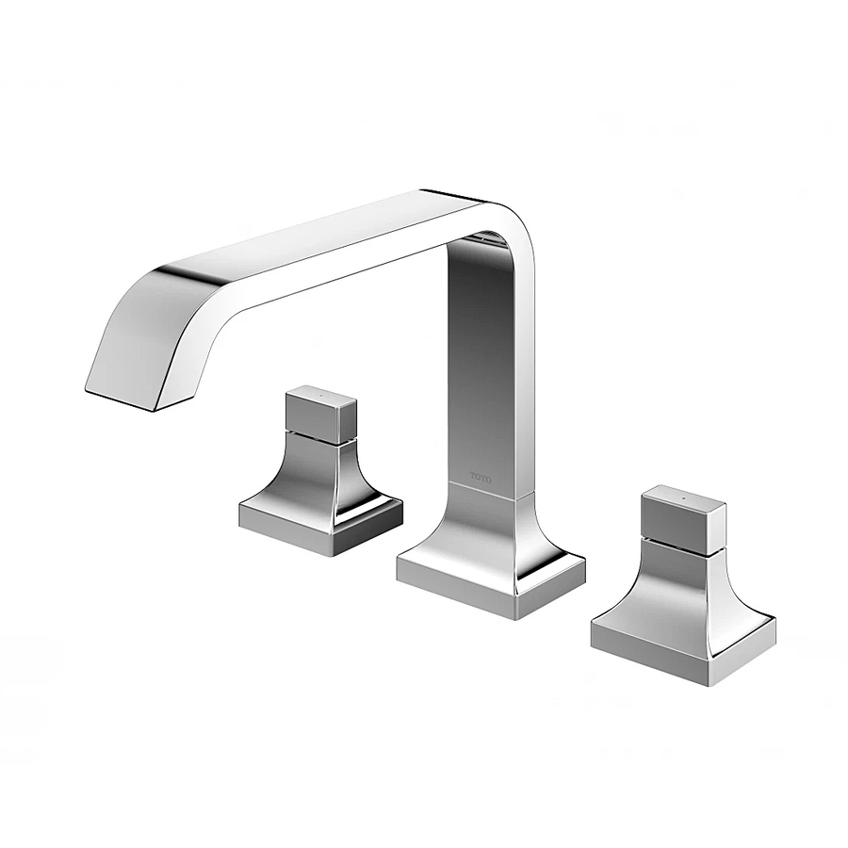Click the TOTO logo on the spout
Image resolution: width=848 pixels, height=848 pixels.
click(x=481, y=478)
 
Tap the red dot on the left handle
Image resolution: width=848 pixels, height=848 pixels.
click(x=320, y=391)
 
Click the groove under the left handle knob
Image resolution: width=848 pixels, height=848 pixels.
click(x=320, y=436)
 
